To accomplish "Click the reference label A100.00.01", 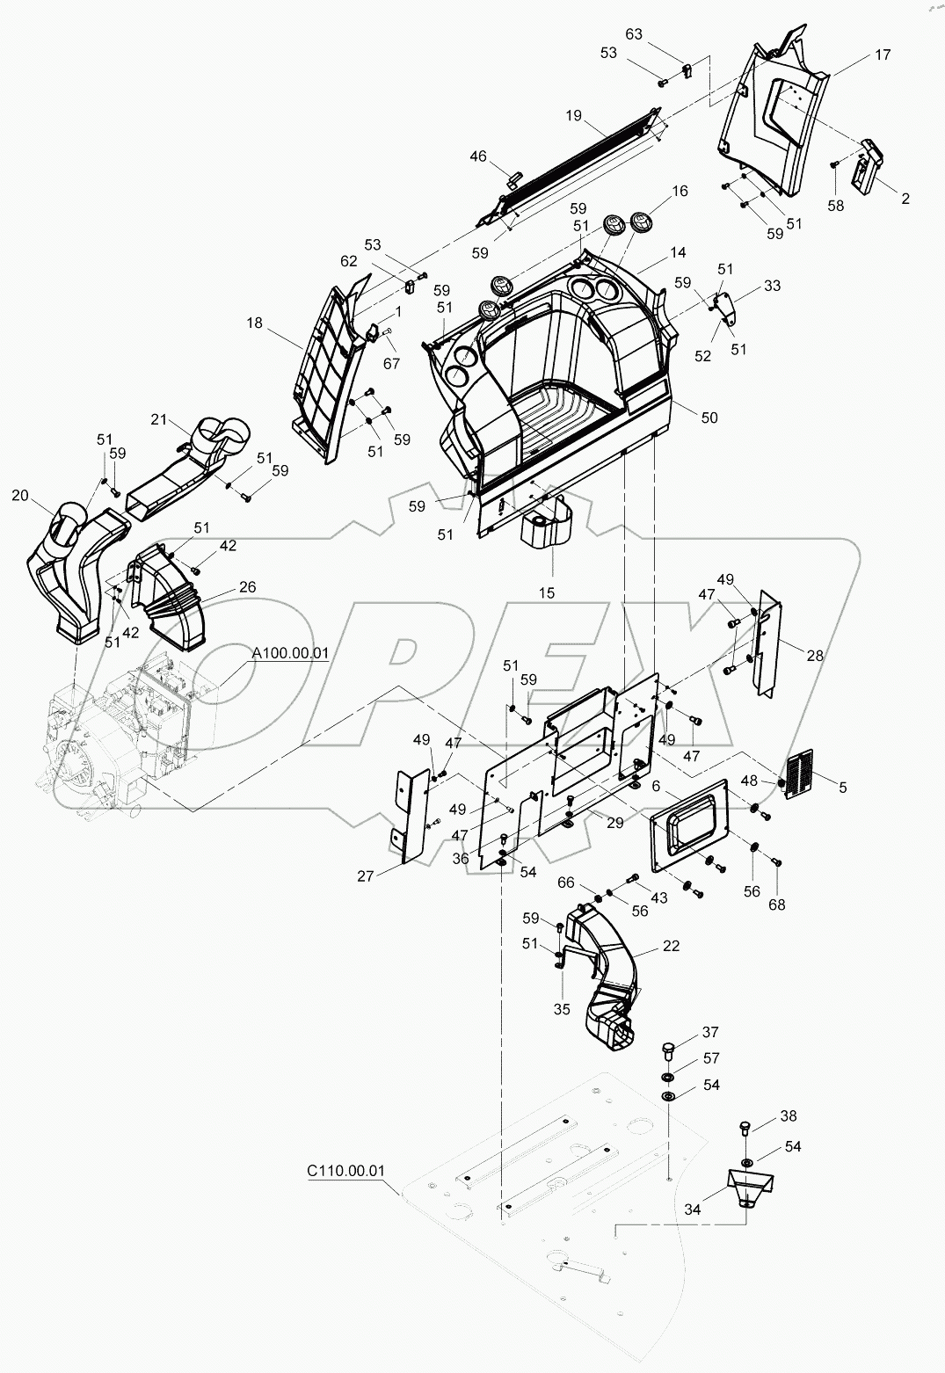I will pos(289,653).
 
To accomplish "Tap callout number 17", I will pos(881,54).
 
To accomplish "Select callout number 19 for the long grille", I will pos(573,114).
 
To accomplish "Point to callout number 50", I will pos(709,417).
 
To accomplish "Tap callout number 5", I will pos(842,788).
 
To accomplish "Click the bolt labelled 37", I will pos(668,1050).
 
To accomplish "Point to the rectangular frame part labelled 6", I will pos(688,826).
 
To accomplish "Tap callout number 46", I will pos(477,156).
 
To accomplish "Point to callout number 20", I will pos(20,496).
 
